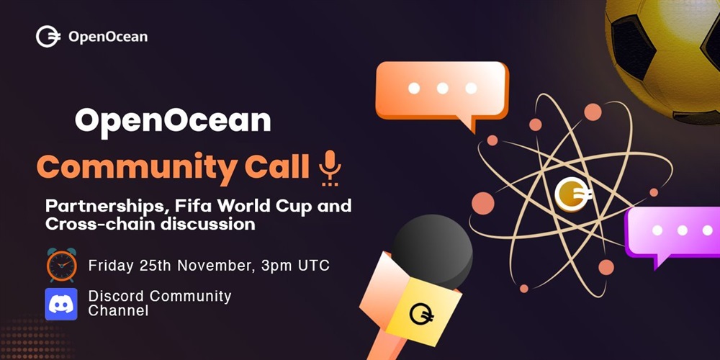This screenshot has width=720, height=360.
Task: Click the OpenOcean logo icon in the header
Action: tap(48, 37)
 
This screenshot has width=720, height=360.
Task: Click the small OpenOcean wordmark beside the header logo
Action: tap(108, 37)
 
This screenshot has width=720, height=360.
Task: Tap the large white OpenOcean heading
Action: tap(173, 121)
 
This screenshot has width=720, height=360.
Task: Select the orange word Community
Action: tap(138, 168)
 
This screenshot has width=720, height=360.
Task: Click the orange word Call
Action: tap(277, 167)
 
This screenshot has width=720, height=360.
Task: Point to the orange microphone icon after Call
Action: tap(330, 168)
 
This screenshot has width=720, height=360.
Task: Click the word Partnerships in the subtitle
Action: tap(103, 206)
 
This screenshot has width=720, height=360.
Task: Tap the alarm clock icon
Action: tap(61, 265)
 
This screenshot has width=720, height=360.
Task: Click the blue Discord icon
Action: tap(61, 304)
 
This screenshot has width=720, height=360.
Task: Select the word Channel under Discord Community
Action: tap(119, 311)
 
